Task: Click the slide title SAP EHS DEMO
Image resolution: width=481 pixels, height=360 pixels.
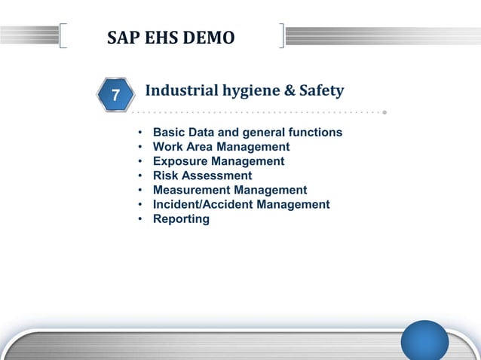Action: [170, 37]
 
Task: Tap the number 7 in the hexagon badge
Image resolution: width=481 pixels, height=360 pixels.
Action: [115, 96]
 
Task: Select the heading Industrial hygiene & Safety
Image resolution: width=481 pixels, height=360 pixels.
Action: [244, 91]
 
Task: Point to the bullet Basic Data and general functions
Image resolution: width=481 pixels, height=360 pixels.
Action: [247, 133]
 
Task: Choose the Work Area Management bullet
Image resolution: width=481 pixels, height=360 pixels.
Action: [221, 147]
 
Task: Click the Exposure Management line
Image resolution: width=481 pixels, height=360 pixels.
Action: [219, 161]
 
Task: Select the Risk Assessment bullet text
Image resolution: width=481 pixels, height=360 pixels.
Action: [202, 175]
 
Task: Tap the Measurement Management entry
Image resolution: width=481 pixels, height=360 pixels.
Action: [230, 190]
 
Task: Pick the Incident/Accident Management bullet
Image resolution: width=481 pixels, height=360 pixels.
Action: [241, 204]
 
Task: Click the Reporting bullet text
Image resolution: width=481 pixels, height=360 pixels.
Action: [181, 218]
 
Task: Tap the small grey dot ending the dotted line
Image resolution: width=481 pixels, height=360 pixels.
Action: [384, 113]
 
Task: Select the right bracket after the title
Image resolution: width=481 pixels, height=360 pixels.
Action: [282, 36]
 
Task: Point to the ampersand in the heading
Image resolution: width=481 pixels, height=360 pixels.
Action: [287, 91]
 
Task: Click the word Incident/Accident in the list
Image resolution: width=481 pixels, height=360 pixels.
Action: [198, 204]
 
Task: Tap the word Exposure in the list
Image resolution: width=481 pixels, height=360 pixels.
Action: [181, 161]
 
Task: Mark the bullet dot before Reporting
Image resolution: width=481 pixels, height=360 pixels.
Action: [140, 219]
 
